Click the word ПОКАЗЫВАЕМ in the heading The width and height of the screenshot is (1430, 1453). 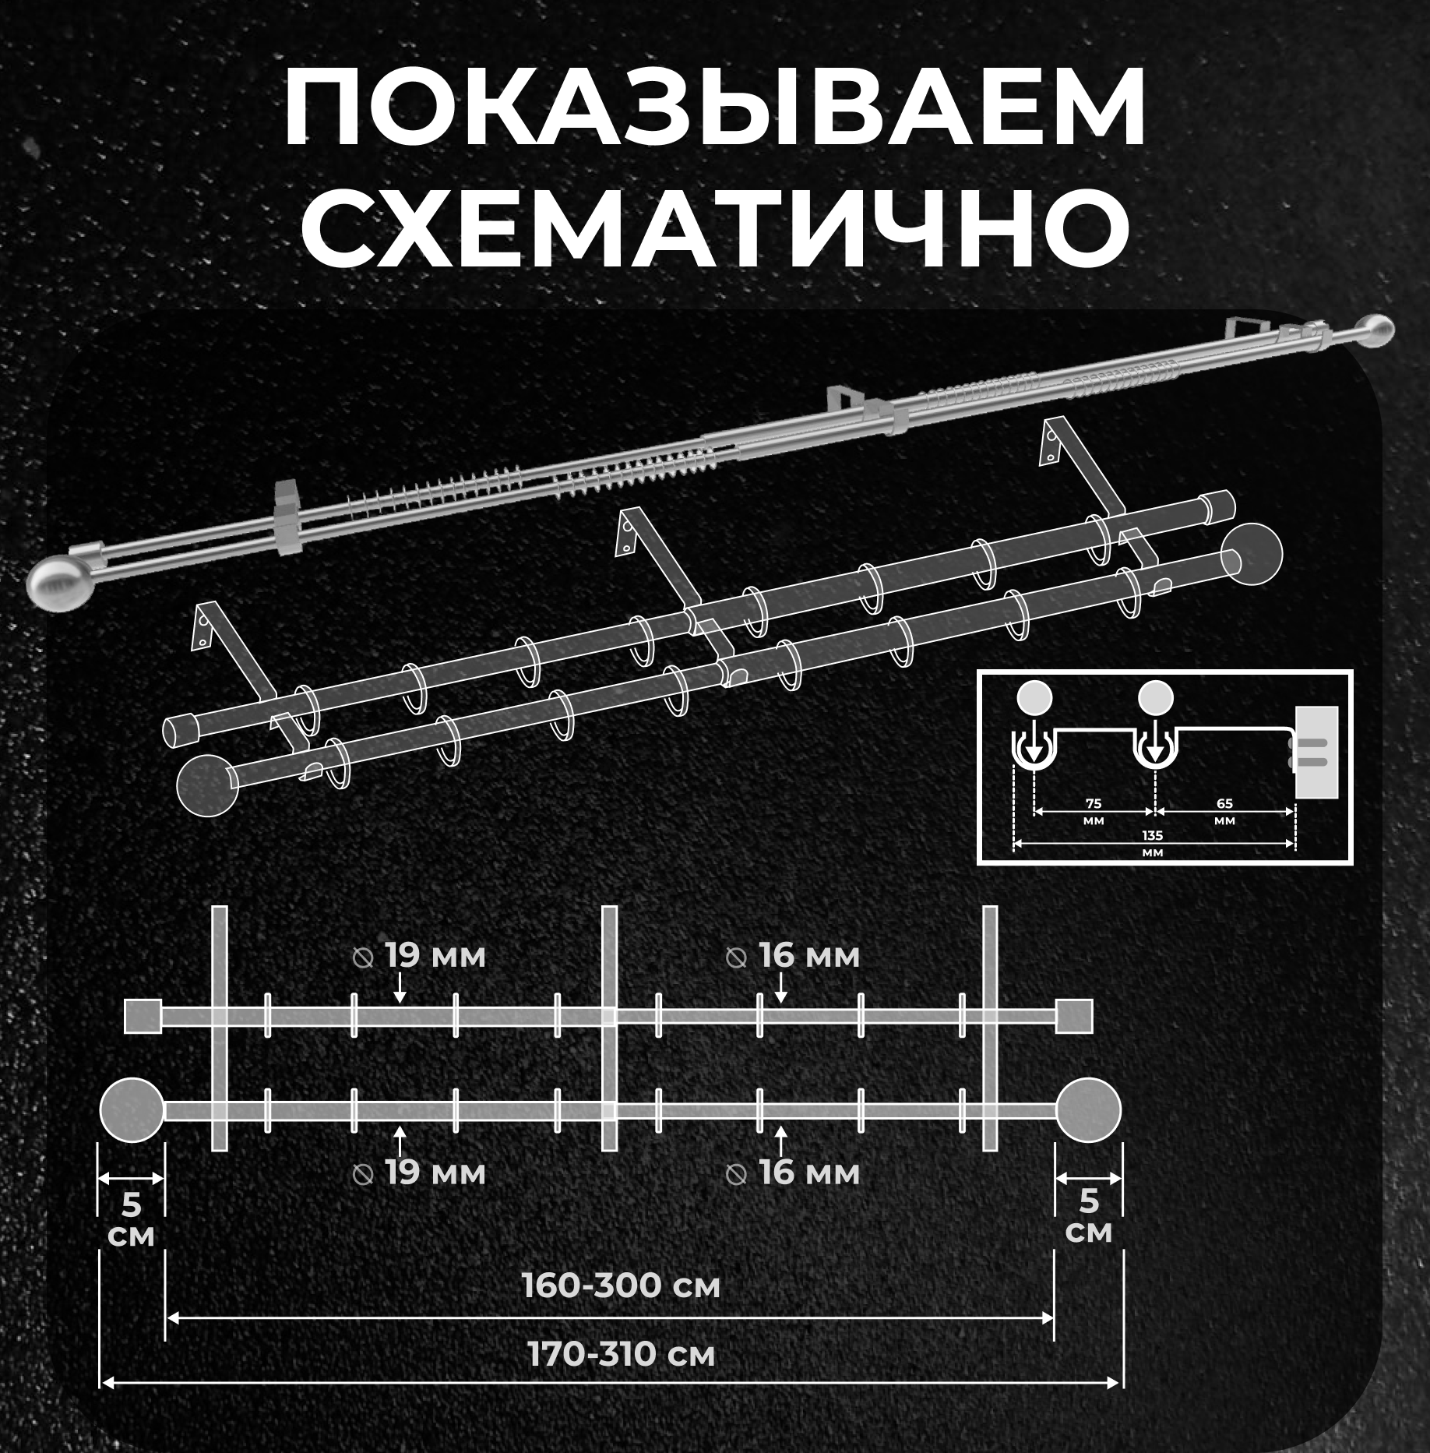click(714, 109)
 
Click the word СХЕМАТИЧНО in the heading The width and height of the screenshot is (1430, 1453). click(714, 227)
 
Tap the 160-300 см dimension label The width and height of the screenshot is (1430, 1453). click(621, 1286)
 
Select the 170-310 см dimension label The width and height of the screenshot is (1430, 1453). click(621, 1355)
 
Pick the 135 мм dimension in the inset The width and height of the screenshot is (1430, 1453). click(1152, 843)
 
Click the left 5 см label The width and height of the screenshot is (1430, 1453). click(131, 1218)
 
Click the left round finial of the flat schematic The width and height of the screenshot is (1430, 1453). click(132, 1110)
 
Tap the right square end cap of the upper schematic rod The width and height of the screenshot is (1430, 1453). click(1075, 1017)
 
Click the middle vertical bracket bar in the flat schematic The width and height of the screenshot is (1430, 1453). click(610, 1028)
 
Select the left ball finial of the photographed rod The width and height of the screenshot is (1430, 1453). click(59, 580)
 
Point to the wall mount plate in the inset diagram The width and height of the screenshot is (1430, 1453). click(1316, 752)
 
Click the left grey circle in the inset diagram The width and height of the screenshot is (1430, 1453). click(1034, 698)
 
